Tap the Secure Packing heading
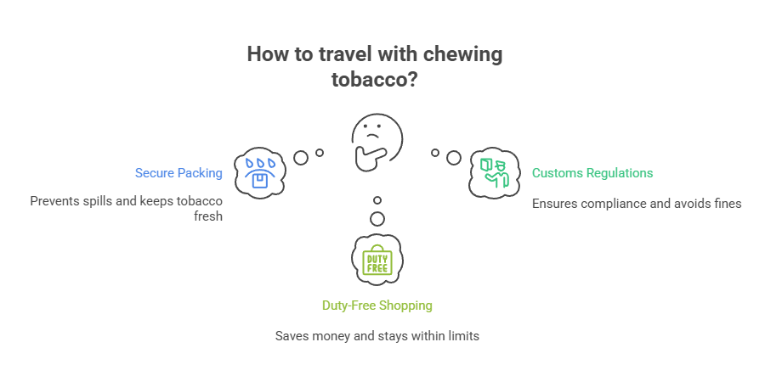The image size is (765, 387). click(x=178, y=173)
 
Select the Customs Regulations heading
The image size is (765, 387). click(x=592, y=173)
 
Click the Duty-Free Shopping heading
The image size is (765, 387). click(x=377, y=305)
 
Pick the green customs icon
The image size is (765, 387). click(x=494, y=171)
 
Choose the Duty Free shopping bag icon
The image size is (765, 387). click(x=377, y=261)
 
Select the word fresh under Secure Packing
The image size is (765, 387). click(x=209, y=216)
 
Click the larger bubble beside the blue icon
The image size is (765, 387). click(x=300, y=157)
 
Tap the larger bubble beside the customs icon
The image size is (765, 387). click(x=454, y=157)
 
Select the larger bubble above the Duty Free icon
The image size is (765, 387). click(x=377, y=219)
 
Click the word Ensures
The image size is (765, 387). click(x=554, y=204)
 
